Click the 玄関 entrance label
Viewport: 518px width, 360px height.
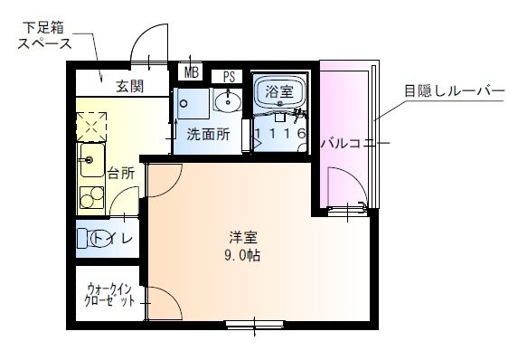pos(129,87)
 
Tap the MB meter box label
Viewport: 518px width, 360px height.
pos(192,71)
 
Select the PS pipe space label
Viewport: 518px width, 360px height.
pos(230,75)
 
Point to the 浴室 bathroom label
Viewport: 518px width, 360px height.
pos(278,91)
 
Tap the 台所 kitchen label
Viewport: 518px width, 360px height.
pos(120,172)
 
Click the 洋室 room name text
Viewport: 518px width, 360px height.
pos(243,238)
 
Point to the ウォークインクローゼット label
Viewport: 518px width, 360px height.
pos(110,297)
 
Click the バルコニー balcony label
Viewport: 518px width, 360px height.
pos(355,143)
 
